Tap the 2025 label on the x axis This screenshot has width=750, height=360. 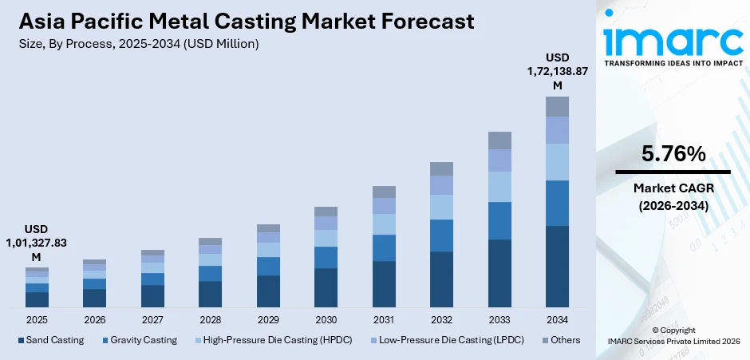point(37,319)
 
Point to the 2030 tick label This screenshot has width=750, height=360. point(326,319)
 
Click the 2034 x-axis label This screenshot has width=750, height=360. point(557,319)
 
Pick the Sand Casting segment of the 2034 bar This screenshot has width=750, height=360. point(557,267)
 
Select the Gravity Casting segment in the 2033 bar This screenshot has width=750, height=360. point(499,220)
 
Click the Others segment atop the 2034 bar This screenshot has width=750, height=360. point(557,106)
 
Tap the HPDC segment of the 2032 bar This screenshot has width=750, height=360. point(441,207)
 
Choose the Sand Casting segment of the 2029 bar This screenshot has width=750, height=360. point(268,291)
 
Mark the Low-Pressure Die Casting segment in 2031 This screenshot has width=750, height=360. point(384,206)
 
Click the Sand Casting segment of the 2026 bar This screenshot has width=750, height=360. point(94,298)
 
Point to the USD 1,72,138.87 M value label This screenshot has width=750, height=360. point(557,71)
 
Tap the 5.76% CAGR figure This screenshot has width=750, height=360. point(673,154)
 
